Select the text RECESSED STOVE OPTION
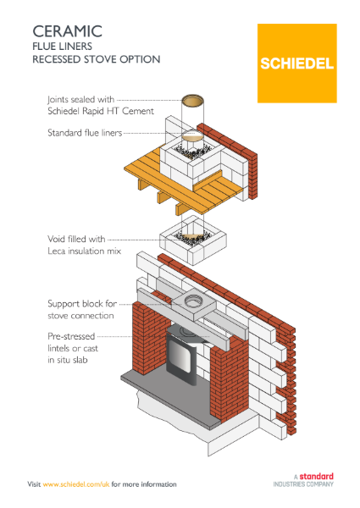point(93,61)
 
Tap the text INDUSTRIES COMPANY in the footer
point(302,484)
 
